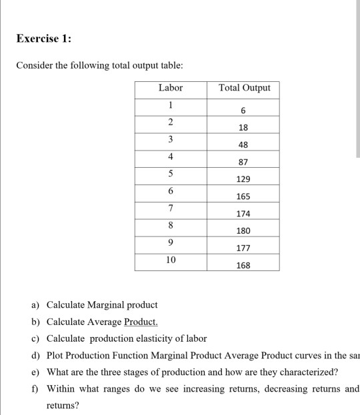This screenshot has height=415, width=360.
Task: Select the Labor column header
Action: (x=171, y=88)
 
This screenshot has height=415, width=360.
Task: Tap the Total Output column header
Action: (x=244, y=88)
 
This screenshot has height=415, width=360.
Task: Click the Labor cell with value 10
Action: (x=171, y=260)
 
